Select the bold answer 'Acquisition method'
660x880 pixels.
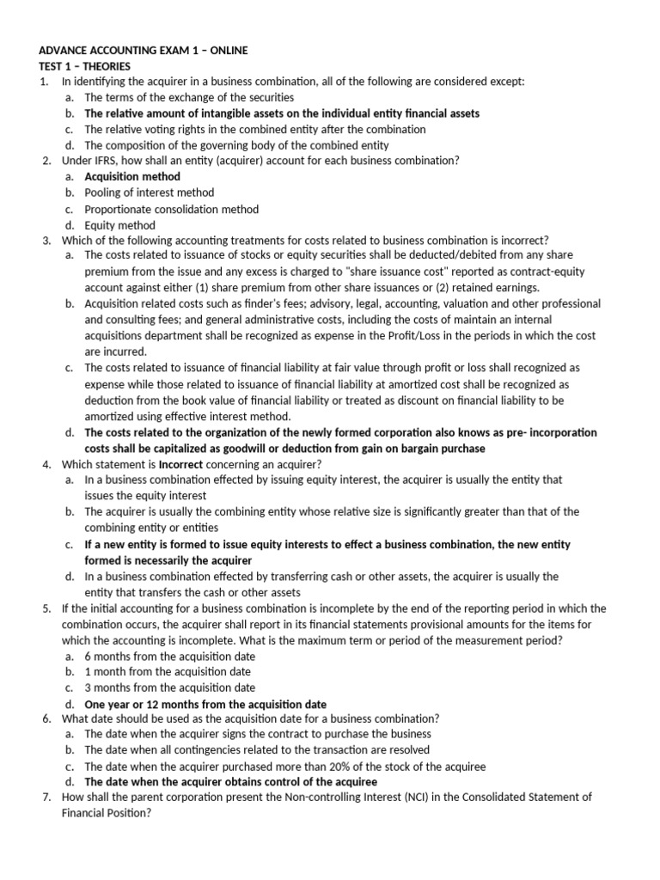point(132,176)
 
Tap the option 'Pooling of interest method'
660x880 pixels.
point(150,192)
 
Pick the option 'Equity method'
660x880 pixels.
point(120,225)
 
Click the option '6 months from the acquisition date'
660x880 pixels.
point(169,656)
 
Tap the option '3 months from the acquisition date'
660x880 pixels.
point(169,687)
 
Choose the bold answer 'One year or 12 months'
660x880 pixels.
point(205,704)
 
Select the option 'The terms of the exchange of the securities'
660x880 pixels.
point(189,98)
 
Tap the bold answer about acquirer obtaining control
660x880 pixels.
point(230,782)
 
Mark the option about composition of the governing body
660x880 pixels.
point(236,145)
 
